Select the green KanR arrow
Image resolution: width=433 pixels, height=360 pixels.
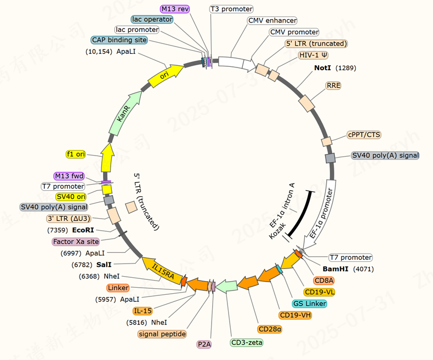[124, 115]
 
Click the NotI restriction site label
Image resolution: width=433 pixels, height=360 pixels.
[323, 68]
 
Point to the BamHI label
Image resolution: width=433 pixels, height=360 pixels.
[334, 270]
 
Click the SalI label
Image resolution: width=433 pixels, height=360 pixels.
[104, 264]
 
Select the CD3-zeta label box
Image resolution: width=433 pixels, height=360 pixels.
[247, 343]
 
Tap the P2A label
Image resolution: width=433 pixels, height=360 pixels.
[205, 344]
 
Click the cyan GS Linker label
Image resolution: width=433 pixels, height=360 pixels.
[310, 304]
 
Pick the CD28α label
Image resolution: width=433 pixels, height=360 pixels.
[270, 329]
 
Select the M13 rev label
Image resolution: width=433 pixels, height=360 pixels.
[174, 9]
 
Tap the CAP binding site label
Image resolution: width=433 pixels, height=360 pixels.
[119, 40]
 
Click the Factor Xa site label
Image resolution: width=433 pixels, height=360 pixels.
[76, 242]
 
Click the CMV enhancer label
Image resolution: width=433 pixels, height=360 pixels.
[272, 20]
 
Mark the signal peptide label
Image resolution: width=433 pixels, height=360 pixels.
[163, 334]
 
